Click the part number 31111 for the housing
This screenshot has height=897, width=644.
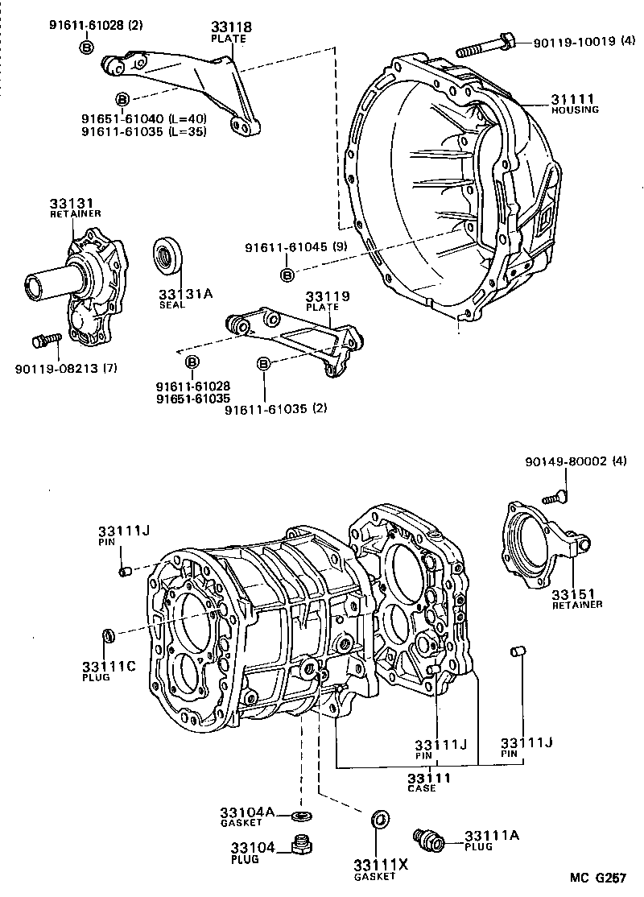point(572,98)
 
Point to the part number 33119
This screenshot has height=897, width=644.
point(327,297)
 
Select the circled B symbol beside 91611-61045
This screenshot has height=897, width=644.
point(287,276)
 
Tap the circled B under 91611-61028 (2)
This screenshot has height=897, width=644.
point(86,48)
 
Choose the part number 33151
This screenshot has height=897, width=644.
point(572,593)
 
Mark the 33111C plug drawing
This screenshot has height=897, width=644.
point(107,636)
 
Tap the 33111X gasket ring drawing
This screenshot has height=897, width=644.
point(378,821)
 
